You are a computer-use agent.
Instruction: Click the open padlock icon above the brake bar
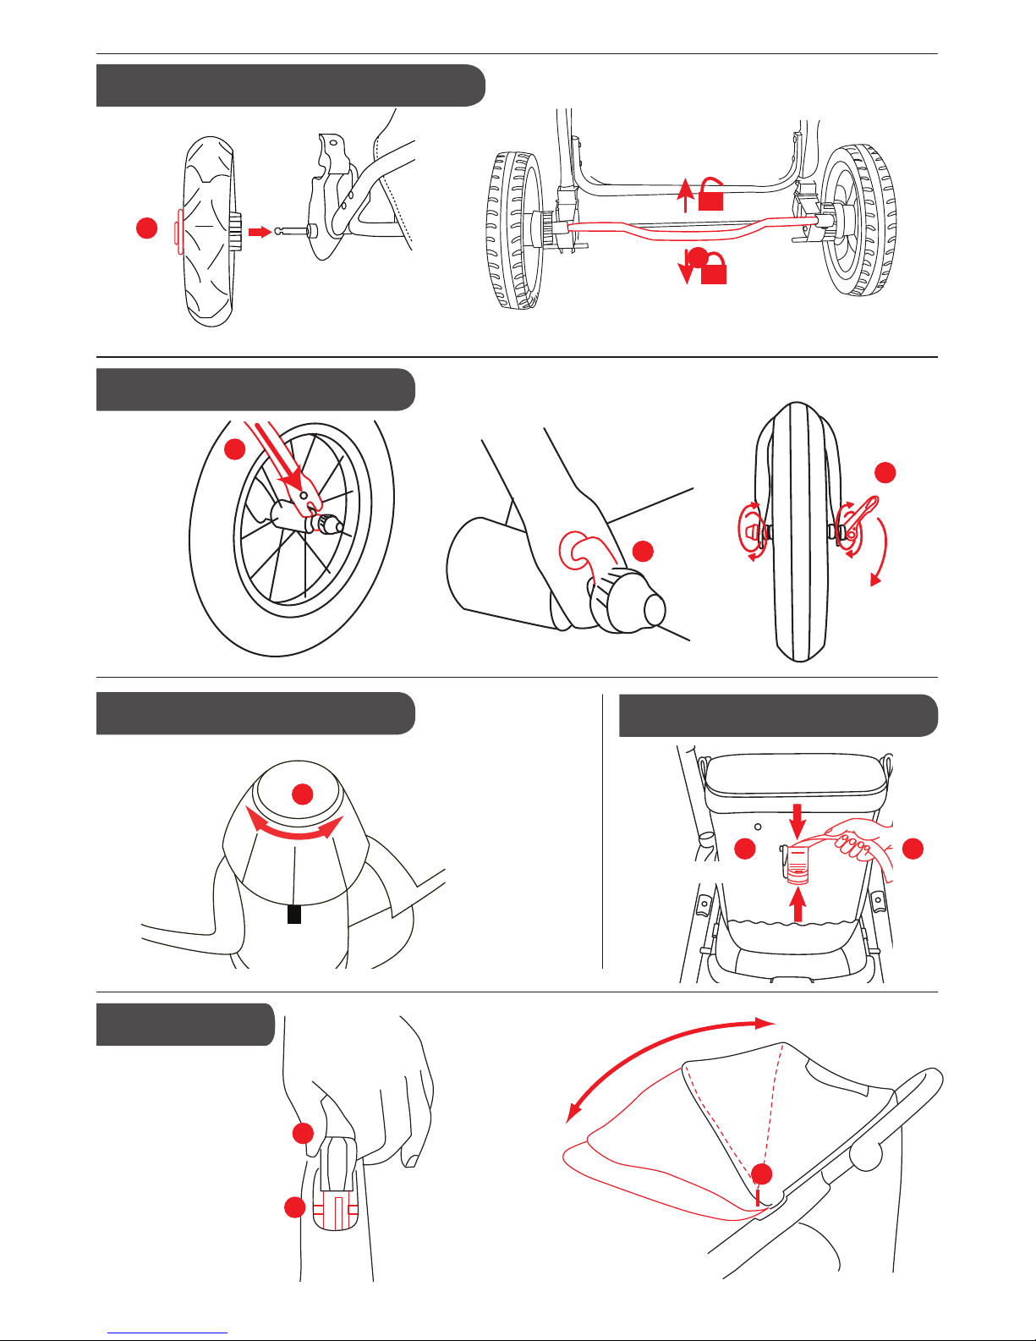pos(711,195)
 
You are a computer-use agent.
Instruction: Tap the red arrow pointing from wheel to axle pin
pos(262,231)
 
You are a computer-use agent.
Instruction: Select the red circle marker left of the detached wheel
pos(147,228)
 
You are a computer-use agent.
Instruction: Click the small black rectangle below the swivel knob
pos(294,915)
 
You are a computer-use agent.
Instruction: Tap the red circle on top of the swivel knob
pos(303,794)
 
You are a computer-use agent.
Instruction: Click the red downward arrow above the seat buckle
pos(797,817)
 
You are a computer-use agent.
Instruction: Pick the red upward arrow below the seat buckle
pos(797,907)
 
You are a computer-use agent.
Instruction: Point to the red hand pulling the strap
pos(858,845)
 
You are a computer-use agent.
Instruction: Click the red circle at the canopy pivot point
pos(763,1173)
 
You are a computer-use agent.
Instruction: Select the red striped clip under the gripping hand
pos(336,1214)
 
